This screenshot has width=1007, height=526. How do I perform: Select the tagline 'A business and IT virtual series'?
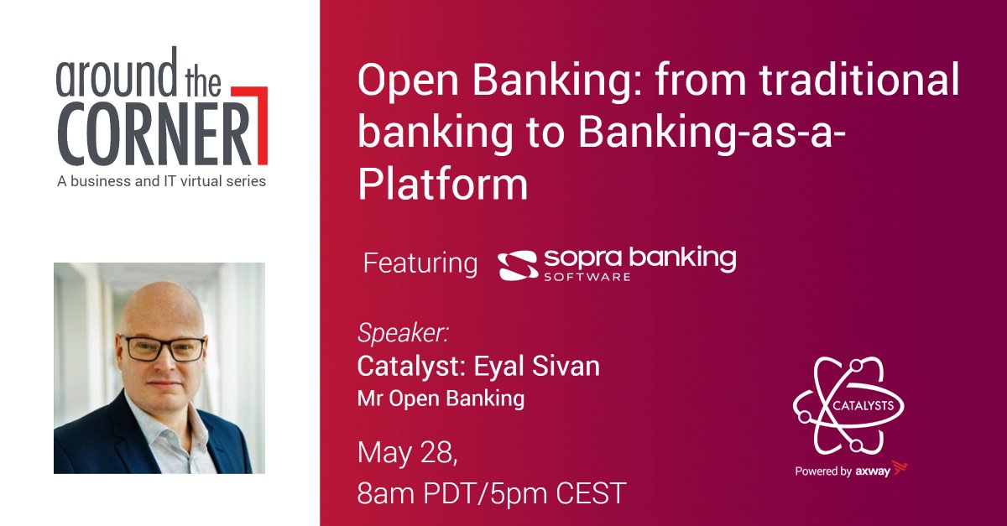tap(161, 181)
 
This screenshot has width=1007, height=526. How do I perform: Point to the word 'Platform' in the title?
tap(443, 185)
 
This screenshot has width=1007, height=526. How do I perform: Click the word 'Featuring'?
tap(420, 263)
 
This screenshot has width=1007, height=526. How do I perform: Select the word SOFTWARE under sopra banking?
tap(587, 276)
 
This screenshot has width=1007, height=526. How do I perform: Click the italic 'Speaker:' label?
tap(403, 333)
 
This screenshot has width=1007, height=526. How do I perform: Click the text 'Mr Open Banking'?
tap(441, 398)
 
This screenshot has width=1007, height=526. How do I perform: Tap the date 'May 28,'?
tap(409, 453)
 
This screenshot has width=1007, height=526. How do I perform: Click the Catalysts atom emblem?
tap(848, 407)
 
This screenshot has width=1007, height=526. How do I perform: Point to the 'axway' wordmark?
tap(872, 471)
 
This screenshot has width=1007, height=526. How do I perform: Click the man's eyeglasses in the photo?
tap(163, 347)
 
